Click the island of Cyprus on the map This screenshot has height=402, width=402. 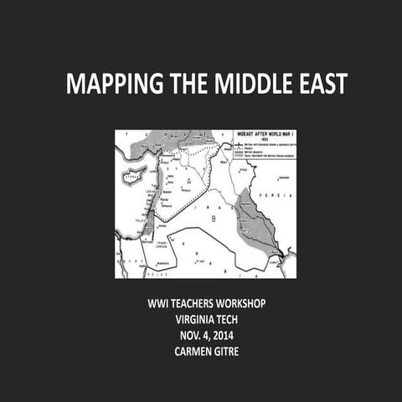coord(133,178)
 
